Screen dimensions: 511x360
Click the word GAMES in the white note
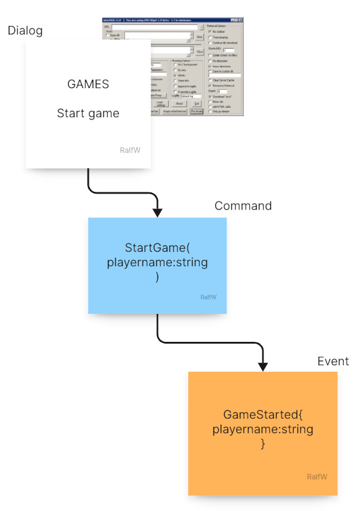tap(88, 84)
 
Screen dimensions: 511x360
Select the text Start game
tap(88, 113)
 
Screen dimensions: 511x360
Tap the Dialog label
tap(26, 30)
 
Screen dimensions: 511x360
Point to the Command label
tap(243, 206)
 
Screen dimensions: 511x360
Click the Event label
tap(333, 361)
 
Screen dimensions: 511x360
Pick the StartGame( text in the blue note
tap(157, 247)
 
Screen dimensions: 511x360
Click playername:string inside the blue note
tap(157, 262)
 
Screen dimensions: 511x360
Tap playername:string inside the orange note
tap(263, 429)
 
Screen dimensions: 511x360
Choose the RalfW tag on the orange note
tap(317, 476)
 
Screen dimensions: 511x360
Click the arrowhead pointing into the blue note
tap(157, 212)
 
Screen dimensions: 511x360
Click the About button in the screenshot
tap(179, 104)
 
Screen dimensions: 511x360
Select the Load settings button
tap(161, 104)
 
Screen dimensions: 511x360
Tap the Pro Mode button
tap(197, 111)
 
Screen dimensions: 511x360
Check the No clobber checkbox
tap(210, 31)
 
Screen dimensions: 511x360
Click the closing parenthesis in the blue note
tap(157, 276)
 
